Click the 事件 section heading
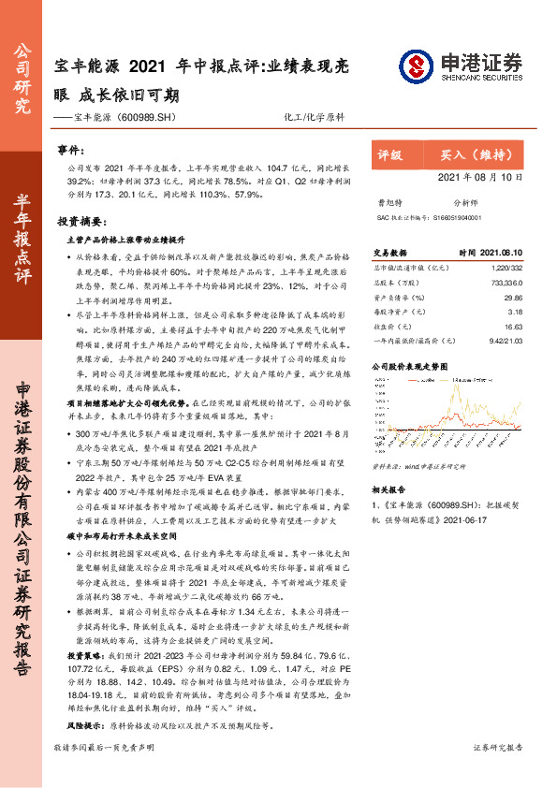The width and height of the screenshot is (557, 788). coord(71,150)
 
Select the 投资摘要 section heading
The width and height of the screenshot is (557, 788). coord(80,224)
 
